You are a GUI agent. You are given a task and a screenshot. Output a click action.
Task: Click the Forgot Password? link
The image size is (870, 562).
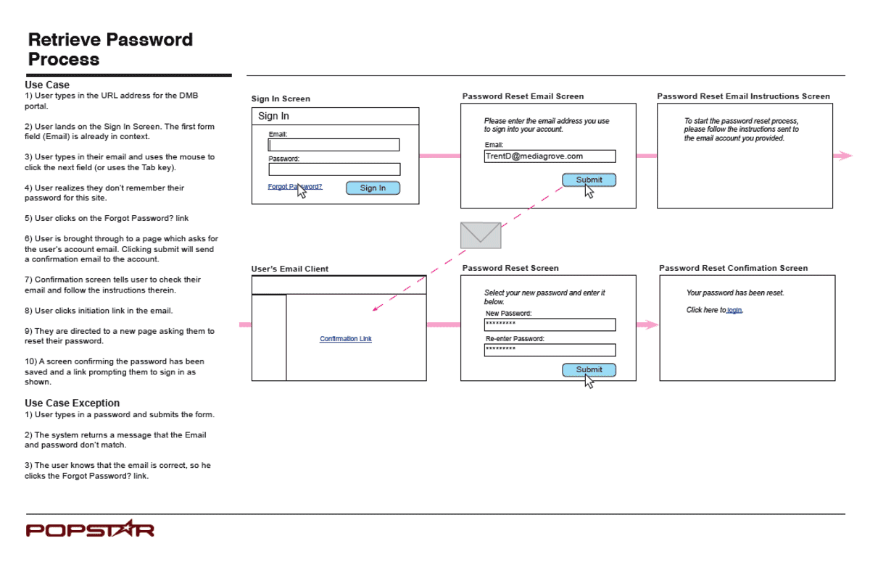(295, 187)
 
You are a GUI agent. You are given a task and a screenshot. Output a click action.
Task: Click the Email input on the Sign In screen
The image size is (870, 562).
(333, 145)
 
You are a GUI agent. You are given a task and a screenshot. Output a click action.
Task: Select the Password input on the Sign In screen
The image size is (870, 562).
(334, 169)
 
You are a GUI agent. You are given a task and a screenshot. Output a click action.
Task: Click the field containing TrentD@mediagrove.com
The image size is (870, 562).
(550, 156)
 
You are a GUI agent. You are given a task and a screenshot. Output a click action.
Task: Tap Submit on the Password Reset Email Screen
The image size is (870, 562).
(589, 180)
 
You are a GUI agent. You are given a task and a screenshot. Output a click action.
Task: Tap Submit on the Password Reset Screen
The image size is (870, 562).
(589, 369)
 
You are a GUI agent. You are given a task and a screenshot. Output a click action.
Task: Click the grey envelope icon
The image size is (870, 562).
(481, 235)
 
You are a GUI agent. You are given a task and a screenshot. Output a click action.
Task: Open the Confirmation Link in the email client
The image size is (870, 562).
(346, 339)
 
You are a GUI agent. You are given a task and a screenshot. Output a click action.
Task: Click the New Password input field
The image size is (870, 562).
(550, 324)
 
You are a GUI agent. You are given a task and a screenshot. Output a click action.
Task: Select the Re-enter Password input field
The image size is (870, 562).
(550, 350)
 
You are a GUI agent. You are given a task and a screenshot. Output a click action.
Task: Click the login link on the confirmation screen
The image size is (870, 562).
(734, 310)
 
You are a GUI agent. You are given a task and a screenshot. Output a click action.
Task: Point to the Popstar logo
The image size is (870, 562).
(90, 529)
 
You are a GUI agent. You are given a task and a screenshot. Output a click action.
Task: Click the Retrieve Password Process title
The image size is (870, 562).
(110, 49)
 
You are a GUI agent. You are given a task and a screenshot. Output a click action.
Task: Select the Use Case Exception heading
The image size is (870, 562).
(72, 403)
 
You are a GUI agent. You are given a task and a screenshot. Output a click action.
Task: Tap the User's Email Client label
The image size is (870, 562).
(290, 269)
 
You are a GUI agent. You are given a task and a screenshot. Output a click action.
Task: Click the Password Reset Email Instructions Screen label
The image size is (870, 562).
(743, 96)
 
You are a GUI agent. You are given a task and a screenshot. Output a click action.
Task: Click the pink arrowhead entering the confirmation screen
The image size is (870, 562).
(652, 324)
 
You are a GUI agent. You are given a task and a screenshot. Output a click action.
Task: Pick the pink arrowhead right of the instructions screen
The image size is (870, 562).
(846, 156)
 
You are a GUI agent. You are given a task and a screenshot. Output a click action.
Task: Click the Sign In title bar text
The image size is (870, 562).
(273, 116)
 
